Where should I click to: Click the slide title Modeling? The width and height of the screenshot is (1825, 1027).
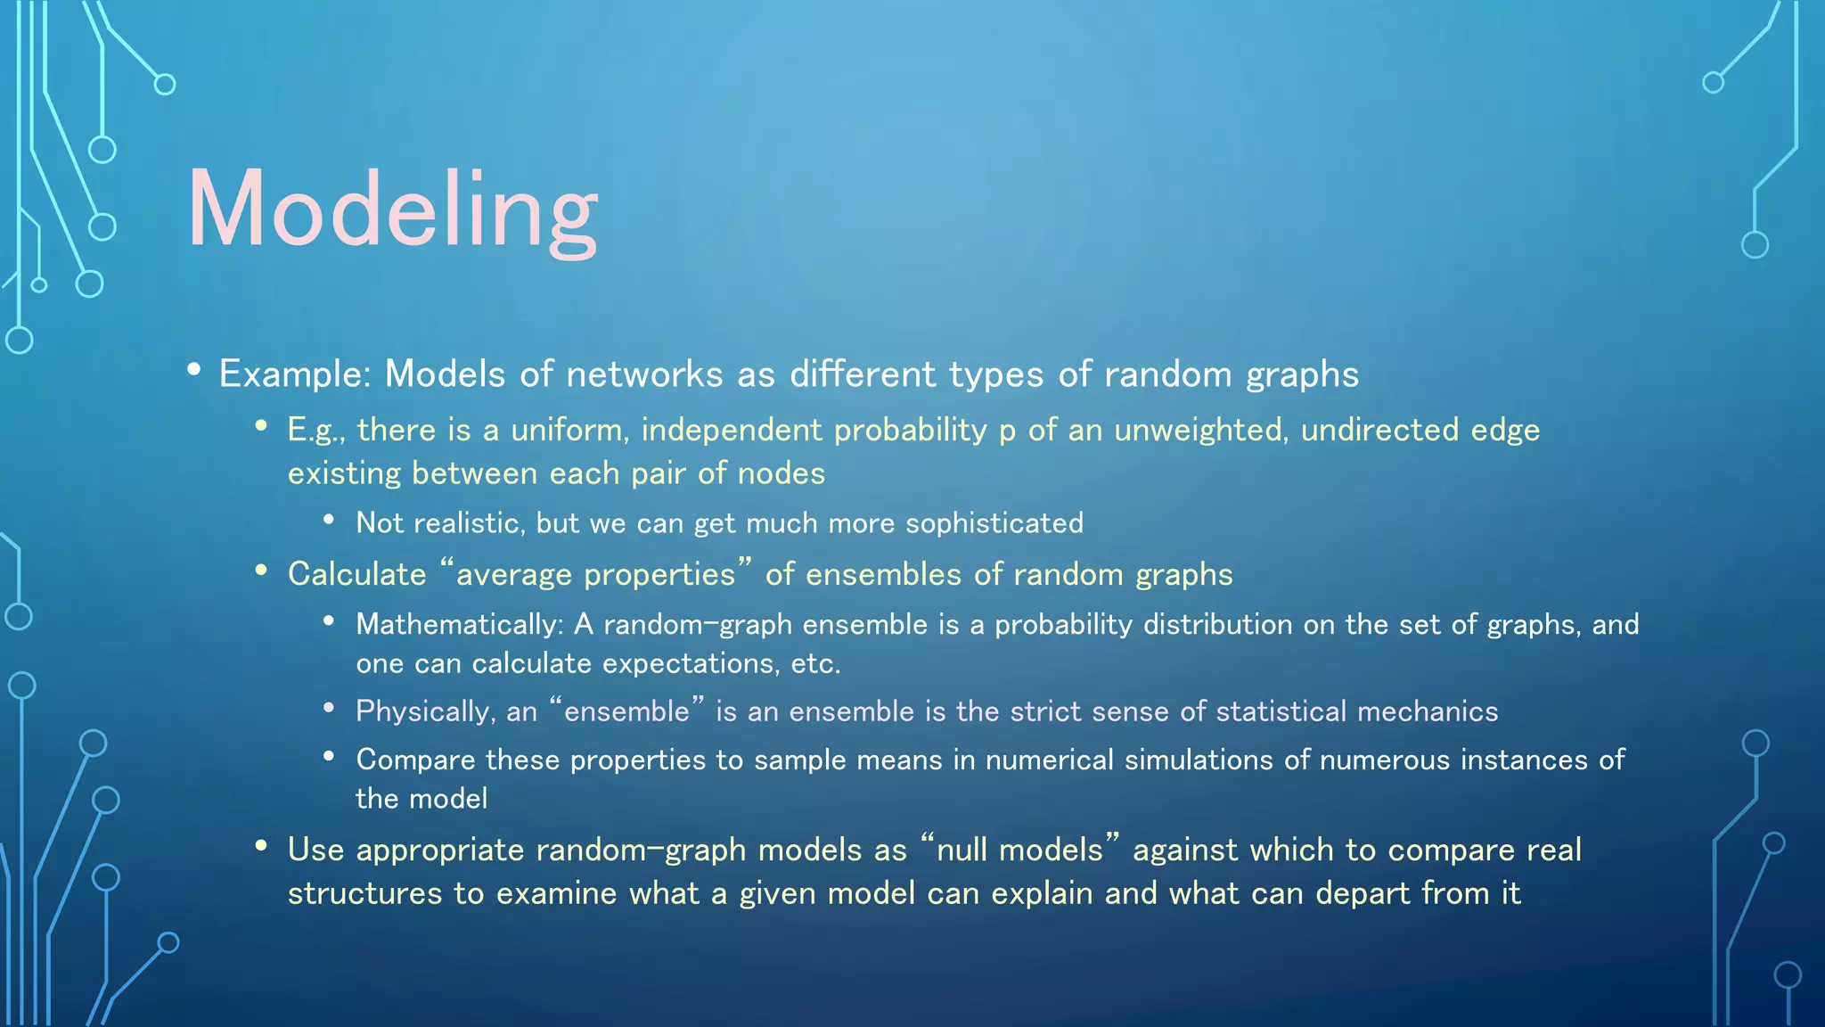pos(392,210)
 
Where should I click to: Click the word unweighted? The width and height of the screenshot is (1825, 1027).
pos(1198,431)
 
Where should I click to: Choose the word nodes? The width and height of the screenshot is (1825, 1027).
pos(781,473)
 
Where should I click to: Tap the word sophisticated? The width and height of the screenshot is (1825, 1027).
pos(994,523)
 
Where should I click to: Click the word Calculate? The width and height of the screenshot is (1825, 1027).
pos(357,575)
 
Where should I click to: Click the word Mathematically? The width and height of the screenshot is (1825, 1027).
pos(457,625)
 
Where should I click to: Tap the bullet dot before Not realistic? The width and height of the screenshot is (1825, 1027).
pos(329,519)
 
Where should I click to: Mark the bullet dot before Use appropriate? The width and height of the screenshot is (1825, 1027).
pos(261,845)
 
